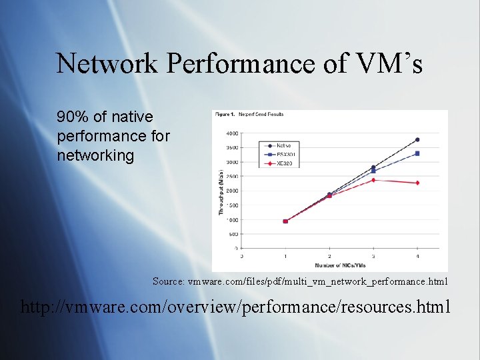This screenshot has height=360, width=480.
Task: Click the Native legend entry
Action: click(279, 145)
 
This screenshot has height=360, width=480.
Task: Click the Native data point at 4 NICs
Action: click(417, 139)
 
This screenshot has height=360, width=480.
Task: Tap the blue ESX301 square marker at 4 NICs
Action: click(417, 153)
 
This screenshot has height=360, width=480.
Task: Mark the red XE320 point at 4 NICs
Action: click(417, 183)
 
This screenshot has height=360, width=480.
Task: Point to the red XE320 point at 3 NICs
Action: click(373, 180)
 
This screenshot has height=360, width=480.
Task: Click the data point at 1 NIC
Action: click(285, 221)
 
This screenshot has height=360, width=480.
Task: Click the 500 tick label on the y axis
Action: click(233, 234)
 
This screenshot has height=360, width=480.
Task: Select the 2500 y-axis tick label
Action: click(232, 176)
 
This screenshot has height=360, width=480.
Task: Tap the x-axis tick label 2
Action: click(329, 255)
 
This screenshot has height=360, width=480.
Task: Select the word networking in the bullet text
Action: click(96, 156)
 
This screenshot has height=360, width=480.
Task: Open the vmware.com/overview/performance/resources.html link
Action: click(236, 307)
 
